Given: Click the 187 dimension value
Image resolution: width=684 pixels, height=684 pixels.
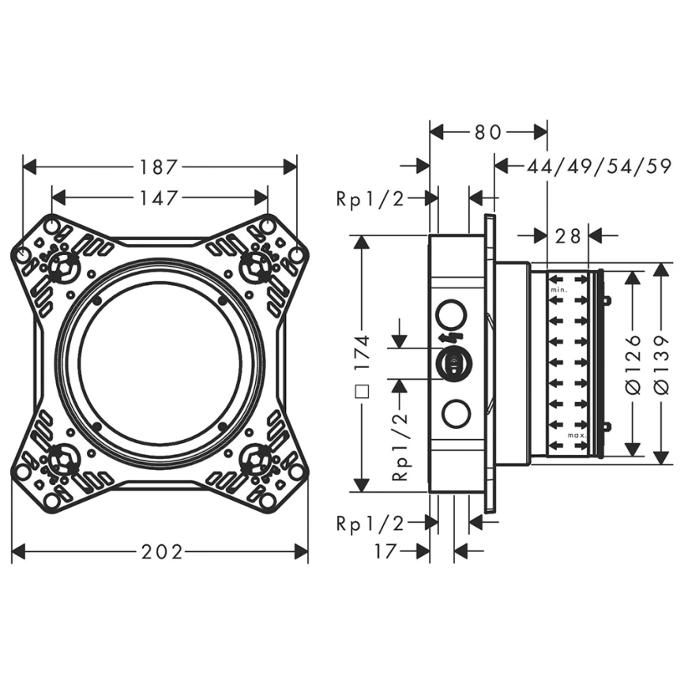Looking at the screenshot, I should coord(159,167).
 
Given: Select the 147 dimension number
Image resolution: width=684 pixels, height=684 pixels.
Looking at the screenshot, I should coord(159,197).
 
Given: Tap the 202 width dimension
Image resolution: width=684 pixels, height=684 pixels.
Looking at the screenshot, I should coord(159,551).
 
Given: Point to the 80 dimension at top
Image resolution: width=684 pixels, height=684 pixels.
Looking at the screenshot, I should coord(488,132).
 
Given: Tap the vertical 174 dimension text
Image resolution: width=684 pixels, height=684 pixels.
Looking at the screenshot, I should coord(363,352).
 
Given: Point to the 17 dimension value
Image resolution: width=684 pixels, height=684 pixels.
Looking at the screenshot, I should coord(385,551).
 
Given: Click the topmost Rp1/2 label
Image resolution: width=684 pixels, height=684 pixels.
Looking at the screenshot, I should coord(370,199).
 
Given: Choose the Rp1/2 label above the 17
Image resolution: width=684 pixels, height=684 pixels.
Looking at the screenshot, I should coord(370,522).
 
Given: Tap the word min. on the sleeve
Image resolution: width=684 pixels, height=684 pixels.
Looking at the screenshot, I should coord(559,291).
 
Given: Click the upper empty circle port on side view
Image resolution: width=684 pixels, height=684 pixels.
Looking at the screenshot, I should coord(452,313).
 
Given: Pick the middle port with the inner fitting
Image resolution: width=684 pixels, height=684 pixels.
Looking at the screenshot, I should coord(453,363).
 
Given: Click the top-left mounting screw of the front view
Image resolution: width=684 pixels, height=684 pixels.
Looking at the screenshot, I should coord(61,268).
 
